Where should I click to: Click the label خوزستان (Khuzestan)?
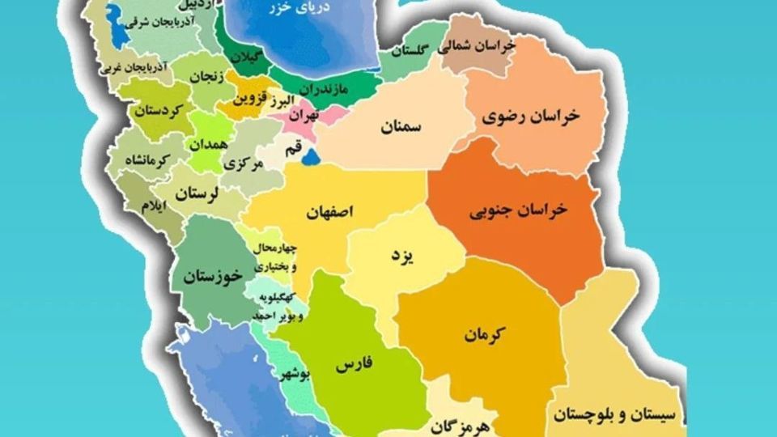pos(213,277)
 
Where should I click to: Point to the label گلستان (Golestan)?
pos(409,51)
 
